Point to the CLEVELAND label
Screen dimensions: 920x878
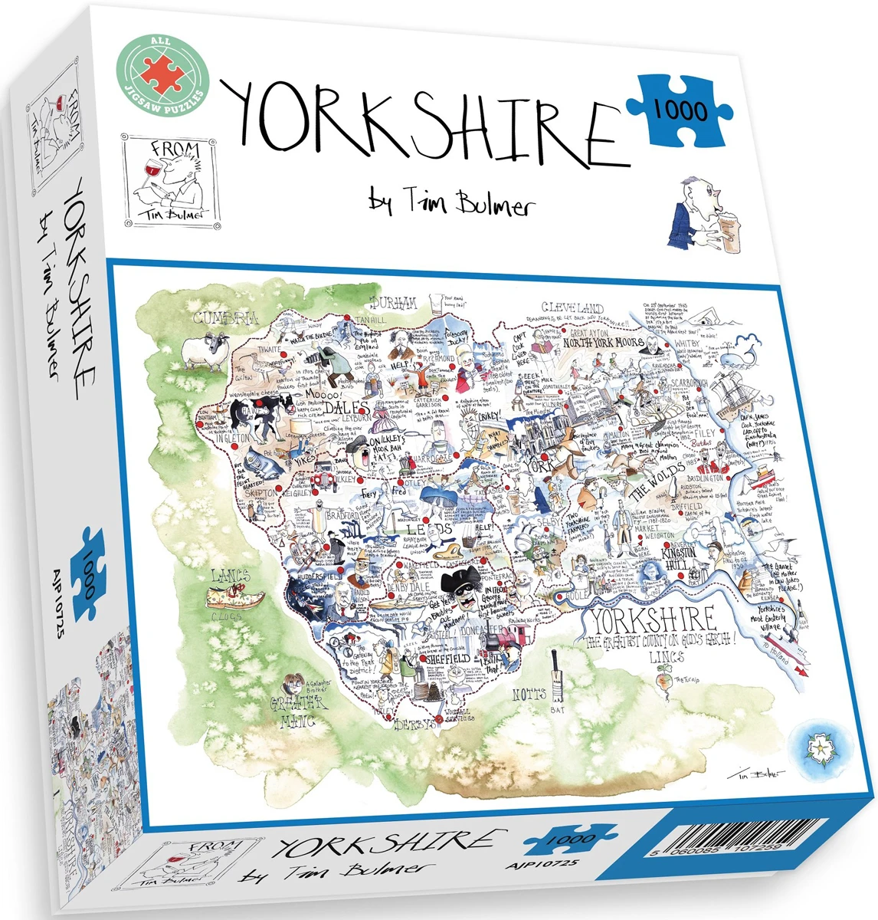[572, 308]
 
